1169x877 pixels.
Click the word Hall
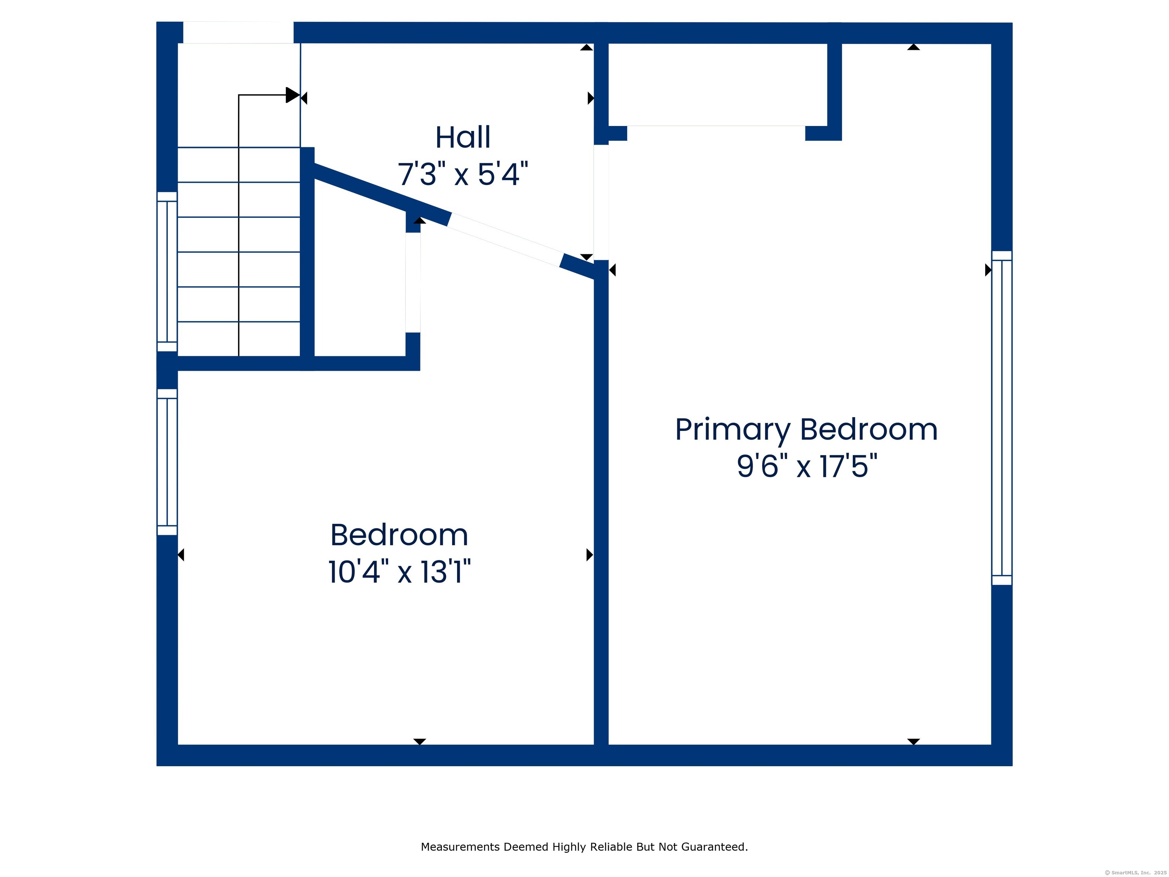click(463, 137)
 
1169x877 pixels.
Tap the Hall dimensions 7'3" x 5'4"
click(463, 174)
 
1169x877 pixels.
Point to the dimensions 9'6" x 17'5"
click(806, 466)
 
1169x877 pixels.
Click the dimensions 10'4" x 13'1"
click(400, 572)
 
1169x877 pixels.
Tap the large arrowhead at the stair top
click(293, 95)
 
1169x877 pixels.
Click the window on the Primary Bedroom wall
click(1002, 418)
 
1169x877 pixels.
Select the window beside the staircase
click(167, 272)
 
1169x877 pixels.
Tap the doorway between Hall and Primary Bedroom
click(601, 203)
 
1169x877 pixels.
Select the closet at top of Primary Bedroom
click(718, 85)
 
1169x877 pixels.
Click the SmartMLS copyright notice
click(1136, 873)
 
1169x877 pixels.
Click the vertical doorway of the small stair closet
click(413, 282)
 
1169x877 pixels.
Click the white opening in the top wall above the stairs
click(238, 33)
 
